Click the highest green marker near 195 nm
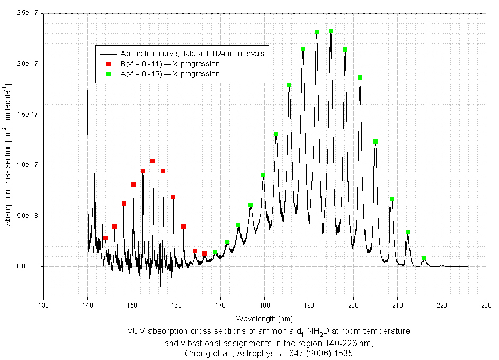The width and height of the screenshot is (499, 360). pos(331,31)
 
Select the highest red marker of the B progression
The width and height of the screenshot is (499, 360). pos(153,161)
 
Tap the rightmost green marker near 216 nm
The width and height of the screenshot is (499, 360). pos(424,258)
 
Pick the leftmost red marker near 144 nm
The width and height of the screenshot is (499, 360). pos(105,238)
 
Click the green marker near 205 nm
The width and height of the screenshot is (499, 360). pos(375,142)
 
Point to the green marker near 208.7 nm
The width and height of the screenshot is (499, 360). pos(392,199)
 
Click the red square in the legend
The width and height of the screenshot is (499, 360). pos(108,64)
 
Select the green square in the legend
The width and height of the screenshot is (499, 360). pos(108,74)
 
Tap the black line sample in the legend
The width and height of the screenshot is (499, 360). pos(108,54)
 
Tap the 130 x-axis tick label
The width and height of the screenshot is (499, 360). pos(43,305)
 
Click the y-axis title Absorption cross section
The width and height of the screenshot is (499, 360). pos(8,154)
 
